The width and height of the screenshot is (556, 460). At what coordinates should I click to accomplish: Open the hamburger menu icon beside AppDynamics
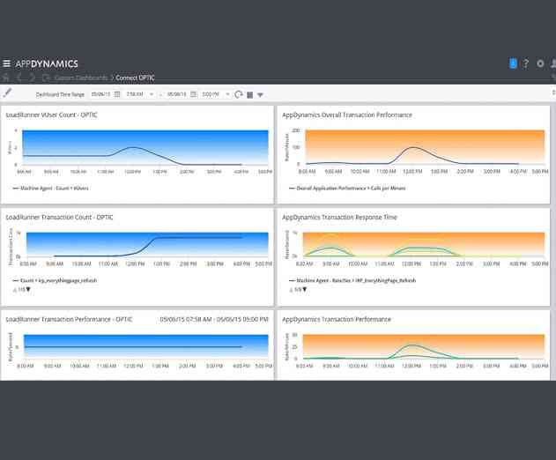click(7, 63)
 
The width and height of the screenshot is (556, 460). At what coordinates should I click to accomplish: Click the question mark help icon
click(526, 63)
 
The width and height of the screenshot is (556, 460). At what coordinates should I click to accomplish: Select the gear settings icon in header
click(540, 63)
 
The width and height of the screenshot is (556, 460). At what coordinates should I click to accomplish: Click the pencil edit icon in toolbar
click(7, 93)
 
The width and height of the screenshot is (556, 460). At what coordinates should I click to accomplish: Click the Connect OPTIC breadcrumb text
click(136, 78)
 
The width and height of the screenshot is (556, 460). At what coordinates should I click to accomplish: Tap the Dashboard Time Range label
click(61, 93)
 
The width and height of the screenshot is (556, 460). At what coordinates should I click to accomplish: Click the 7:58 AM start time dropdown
click(138, 93)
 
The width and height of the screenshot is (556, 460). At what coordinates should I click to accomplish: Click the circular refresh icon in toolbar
click(239, 93)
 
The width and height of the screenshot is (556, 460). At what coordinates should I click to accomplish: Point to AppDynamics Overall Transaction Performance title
click(348, 115)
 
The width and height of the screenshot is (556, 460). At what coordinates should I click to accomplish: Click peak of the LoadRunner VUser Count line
click(131, 147)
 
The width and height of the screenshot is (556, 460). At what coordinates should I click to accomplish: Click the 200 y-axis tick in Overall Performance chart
click(296, 130)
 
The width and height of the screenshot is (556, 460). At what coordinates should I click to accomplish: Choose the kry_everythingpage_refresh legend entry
click(61, 280)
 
